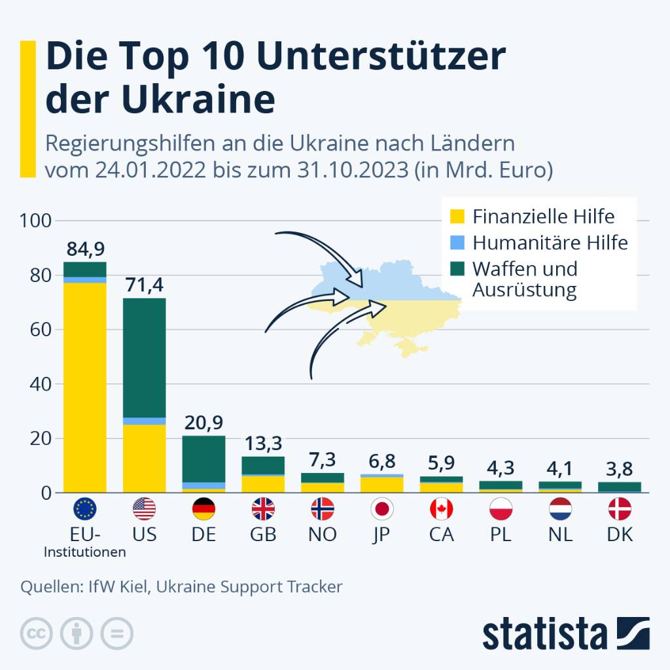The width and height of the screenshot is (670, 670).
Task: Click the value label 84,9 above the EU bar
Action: coord(85,250)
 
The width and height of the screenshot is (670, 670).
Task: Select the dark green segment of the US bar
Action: coord(144,357)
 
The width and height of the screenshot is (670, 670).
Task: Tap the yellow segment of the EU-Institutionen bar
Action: coord(85,386)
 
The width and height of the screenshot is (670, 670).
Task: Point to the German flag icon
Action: coord(203,508)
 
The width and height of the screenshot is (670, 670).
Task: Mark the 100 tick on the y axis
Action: coord(35,221)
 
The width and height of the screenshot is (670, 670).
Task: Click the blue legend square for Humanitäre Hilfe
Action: coord(458,243)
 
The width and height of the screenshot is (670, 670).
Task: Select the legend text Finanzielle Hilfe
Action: coord(543,216)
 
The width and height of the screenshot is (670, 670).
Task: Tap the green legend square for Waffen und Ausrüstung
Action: coord(458,269)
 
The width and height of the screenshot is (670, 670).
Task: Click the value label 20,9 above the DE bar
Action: coord(203,424)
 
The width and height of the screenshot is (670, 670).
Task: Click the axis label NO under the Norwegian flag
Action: coord(322,535)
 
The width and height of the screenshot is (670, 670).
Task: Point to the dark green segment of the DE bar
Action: coord(203,458)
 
